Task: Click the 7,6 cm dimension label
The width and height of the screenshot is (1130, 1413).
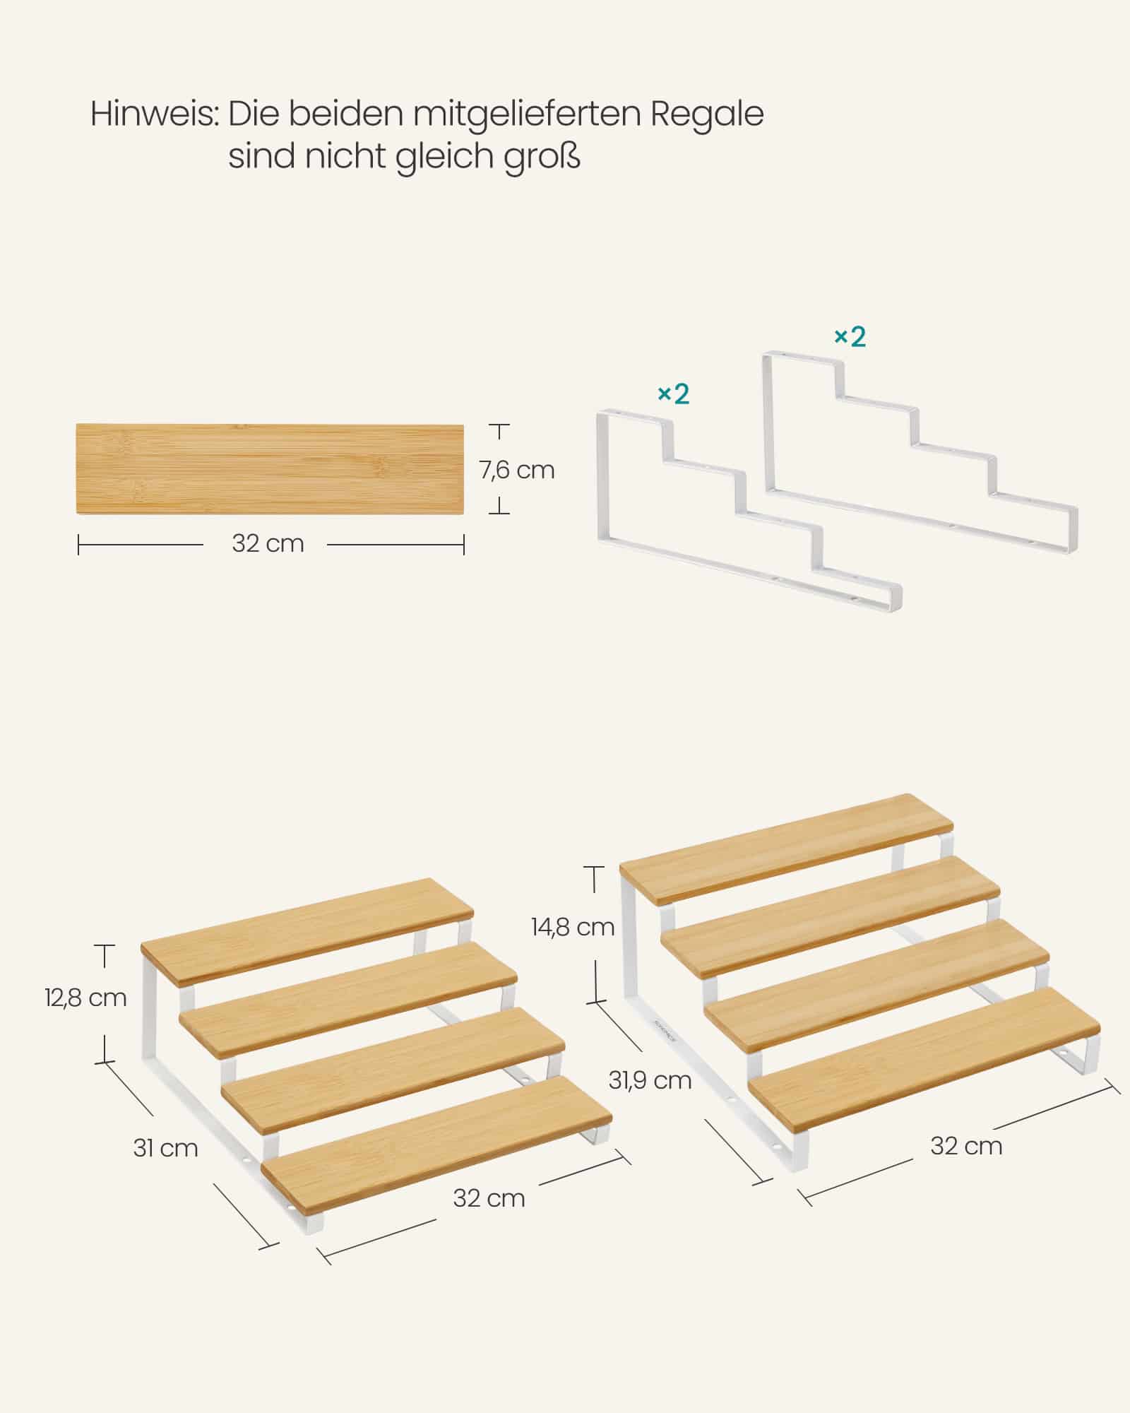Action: [517, 471]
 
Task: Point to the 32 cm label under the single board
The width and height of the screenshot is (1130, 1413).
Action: [268, 544]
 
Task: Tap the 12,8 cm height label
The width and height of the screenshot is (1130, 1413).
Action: [85, 998]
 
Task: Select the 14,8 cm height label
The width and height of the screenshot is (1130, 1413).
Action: [573, 927]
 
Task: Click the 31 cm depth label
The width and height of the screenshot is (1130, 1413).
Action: [165, 1148]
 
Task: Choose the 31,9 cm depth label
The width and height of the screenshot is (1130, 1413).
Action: [650, 1080]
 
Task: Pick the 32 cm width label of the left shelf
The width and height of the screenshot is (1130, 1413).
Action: [489, 1198]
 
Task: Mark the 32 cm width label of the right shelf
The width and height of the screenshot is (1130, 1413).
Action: [966, 1146]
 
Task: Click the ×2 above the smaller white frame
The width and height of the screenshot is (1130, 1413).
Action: [673, 394]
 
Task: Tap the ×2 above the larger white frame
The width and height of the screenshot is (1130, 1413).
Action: [850, 338]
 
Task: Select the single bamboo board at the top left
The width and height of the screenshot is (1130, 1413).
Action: [270, 469]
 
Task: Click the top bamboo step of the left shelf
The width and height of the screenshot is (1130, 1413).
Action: [307, 931]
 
